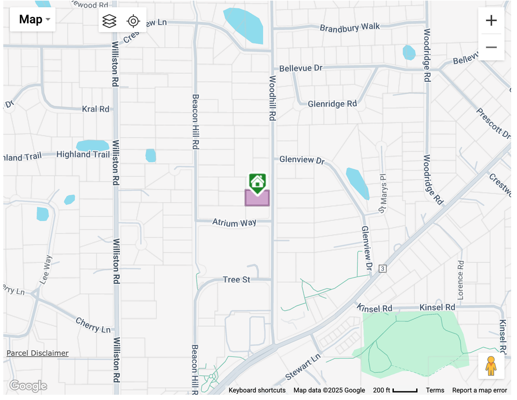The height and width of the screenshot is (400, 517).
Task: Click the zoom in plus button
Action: [491, 20]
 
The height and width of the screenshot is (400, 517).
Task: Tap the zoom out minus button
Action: [491, 47]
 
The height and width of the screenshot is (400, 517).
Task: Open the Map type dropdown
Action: [33, 19]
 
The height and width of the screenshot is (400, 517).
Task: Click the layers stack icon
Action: [109, 20]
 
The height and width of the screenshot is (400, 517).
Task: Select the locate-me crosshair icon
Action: [134, 20]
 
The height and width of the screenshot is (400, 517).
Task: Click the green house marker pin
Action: [257, 182]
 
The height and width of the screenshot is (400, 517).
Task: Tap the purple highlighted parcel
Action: [257, 198]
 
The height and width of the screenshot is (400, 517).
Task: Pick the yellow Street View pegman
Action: [491, 366]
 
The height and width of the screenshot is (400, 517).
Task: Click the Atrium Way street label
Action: [234, 223]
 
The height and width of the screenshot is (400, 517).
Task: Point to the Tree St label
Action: [237, 280]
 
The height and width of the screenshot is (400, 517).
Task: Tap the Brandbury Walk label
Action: [350, 28]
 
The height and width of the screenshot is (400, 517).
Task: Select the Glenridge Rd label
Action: [332, 104]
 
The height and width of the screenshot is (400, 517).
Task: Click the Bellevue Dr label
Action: [301, 68]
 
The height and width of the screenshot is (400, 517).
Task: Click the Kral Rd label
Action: [96, 109]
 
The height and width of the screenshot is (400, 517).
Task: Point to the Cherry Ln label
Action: [93, 325]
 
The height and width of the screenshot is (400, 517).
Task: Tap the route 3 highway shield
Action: [383, 269]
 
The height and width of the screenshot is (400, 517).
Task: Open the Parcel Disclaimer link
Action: [37, 353]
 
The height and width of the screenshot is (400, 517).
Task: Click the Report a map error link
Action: [480, 390]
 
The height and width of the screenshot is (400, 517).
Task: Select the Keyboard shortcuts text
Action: [257, 390]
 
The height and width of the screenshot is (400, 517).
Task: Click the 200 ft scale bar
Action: [396, 390]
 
